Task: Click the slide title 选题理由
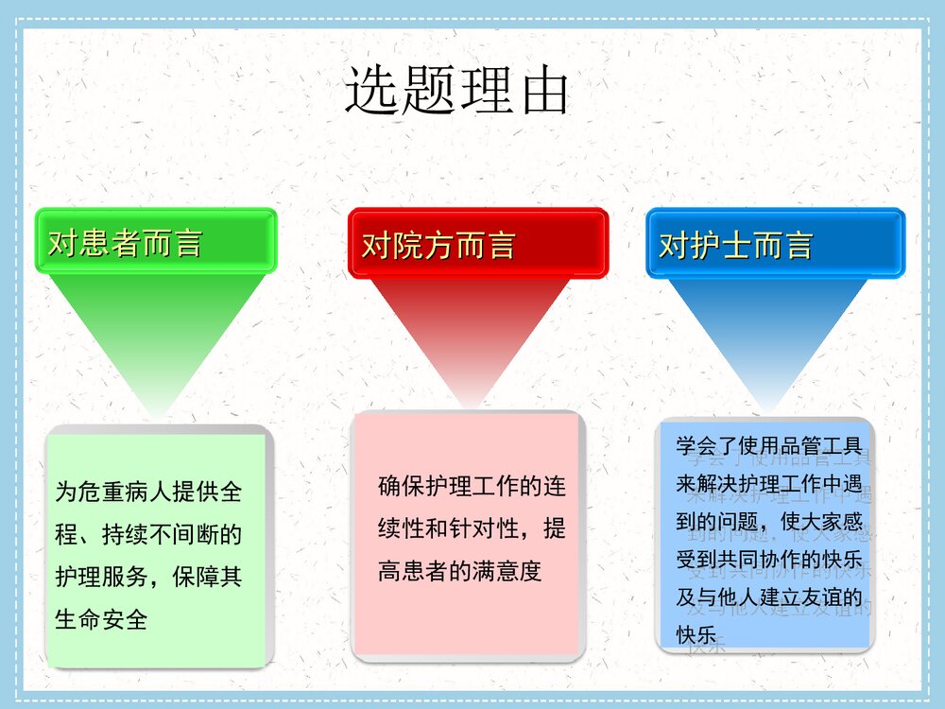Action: pyautogui.click(x=456, y=92)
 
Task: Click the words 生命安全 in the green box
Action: pyautogui.click(x=102, y=620)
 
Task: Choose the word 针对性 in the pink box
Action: pyautogui.click(x=484, y=528)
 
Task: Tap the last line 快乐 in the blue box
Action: pyautogui.click(x=696, y=633)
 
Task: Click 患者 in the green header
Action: pyautogui.click(x=110, y=243)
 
